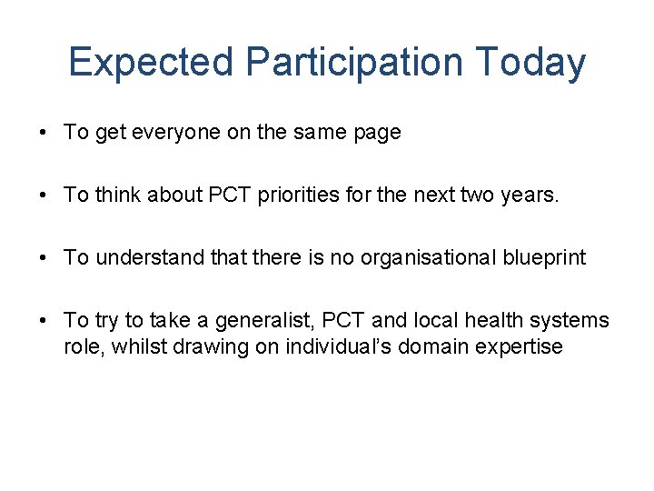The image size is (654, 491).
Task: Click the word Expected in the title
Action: click(152, 63)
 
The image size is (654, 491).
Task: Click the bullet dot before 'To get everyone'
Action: click(45, 133)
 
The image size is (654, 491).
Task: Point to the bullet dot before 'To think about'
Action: click(45, 195)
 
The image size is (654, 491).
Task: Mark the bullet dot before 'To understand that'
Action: click(45, 258)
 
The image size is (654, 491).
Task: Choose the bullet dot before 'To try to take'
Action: click(45, 321)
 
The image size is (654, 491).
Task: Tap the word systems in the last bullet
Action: click(572, 321)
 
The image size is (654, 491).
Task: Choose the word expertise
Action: click(521, 346)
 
